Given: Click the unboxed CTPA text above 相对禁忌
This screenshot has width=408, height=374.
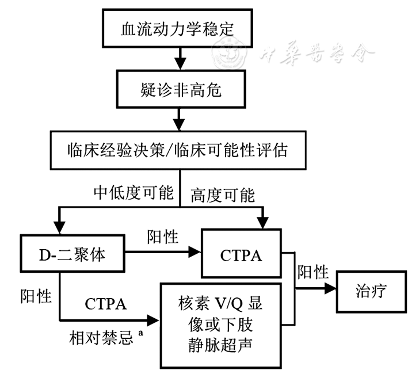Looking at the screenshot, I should (x=108, y=302).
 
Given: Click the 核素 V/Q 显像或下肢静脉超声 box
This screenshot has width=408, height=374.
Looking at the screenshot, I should (x=222, y=325).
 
